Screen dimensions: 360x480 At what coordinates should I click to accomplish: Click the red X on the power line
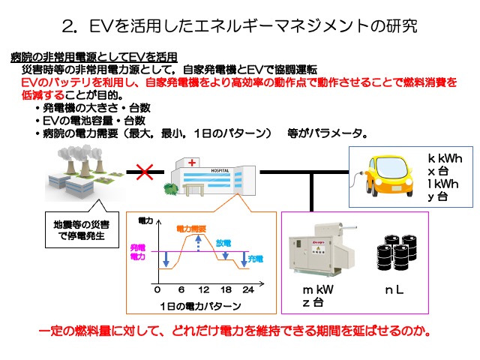point(144,174)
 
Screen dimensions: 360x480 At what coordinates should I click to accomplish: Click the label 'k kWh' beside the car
point(444,158)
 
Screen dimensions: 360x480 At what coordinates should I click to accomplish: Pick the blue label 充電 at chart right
point(256,258)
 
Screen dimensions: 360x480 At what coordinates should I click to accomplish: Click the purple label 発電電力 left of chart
point(138,251)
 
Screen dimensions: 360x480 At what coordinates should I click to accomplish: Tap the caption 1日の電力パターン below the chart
point(201,306)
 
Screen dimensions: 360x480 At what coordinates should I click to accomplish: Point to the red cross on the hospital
point(193,162)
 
